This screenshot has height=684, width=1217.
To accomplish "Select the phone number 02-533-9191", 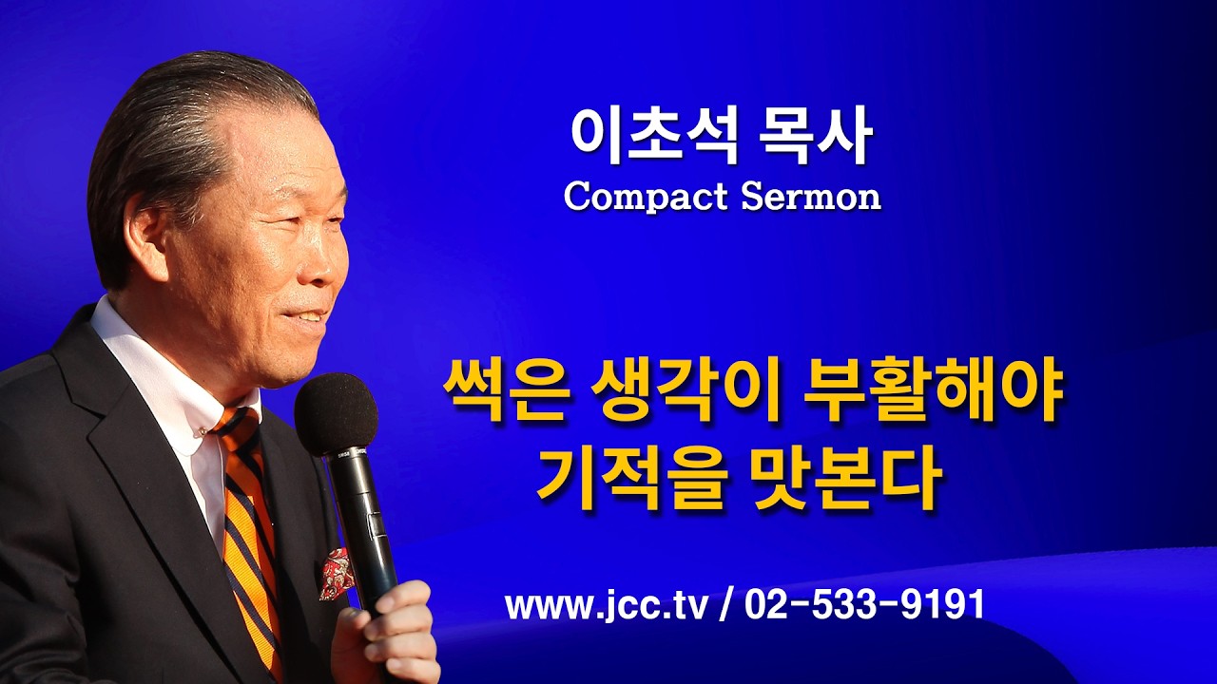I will pyautogui.click(x=864, y=605).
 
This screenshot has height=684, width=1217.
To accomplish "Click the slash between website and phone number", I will pyautogui.click(x=726, y=605).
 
